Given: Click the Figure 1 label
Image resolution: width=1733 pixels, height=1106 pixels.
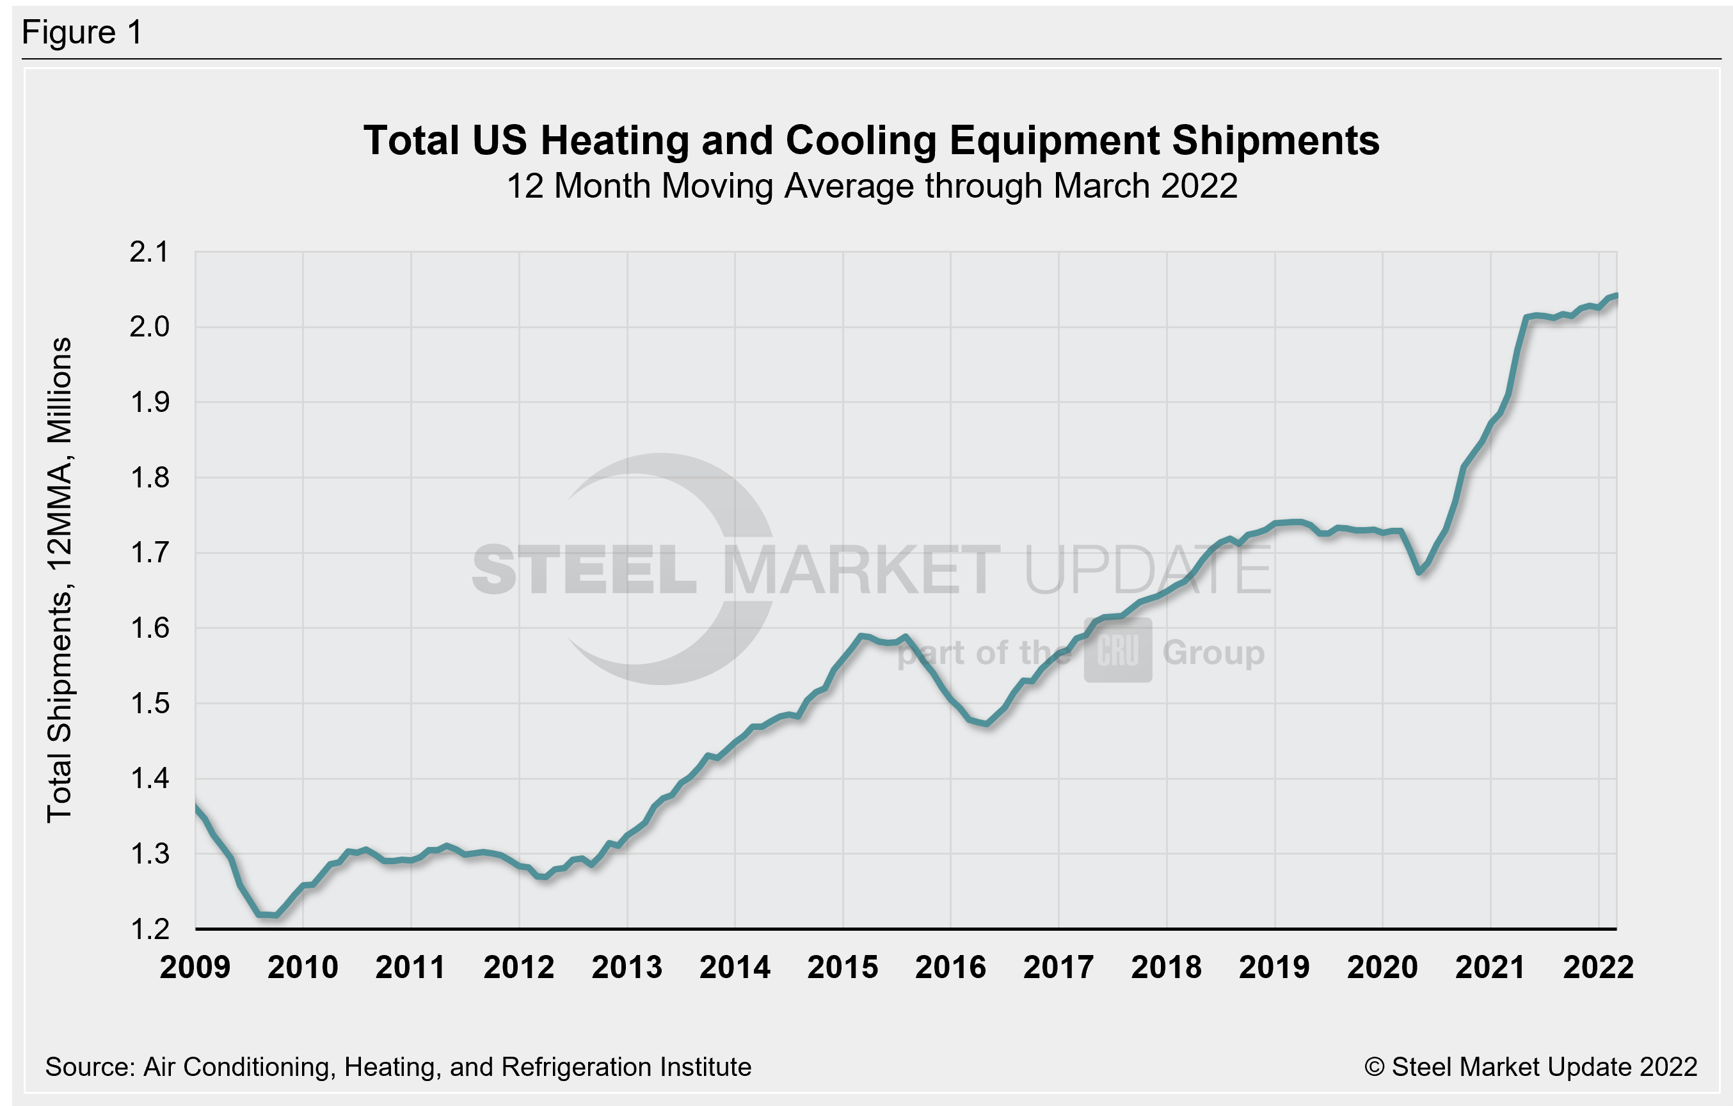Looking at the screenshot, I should click(82, 33).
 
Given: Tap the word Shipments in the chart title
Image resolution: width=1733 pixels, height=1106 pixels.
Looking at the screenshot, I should click(1275, 140).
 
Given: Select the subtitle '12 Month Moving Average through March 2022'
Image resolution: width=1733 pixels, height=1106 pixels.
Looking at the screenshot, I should click(872, 186).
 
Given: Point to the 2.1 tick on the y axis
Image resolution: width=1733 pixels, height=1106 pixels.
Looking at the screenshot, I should click(149, 252).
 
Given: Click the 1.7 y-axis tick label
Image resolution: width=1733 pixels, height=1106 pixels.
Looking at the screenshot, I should click(149, 553).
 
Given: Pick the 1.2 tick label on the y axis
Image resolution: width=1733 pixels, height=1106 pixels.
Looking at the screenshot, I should click(149, 929).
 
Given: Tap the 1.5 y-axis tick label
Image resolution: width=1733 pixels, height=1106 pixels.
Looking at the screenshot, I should click(149, 704).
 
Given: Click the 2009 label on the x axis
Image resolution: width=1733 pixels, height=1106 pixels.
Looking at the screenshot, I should click(195, 967).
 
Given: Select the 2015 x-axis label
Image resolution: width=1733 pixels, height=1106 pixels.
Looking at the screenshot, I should click(843, 967).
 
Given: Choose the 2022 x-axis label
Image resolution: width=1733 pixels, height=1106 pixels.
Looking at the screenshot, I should click(1599, 967).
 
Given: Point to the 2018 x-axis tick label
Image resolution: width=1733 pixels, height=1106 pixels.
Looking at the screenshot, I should click(1167, 967).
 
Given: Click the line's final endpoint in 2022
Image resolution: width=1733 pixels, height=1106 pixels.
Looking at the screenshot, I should click(1617, 295).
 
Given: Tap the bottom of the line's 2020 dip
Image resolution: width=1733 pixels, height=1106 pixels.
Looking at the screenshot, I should click(1419, 572).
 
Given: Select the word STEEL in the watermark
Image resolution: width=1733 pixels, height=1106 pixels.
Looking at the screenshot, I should click(584, 570).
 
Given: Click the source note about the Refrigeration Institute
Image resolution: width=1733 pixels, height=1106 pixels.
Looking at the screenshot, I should click(398, 1066).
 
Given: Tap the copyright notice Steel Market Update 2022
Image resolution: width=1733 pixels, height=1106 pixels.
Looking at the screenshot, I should click(1530, 1066).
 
